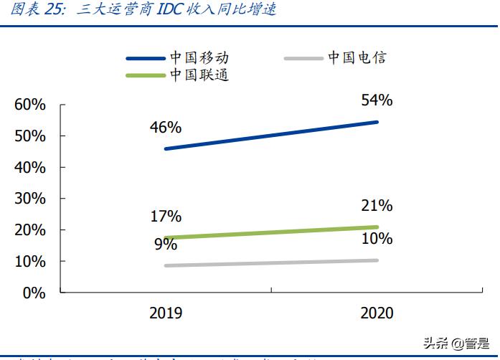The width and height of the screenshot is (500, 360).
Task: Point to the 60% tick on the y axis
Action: [30, 105]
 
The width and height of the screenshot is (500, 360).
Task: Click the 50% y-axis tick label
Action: [30, 136]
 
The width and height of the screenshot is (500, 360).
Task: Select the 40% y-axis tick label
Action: [30, 168]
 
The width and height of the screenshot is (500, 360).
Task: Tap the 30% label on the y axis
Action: [30, 199]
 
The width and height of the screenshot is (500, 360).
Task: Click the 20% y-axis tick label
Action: [30, 230]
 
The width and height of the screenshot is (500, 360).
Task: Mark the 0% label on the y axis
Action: [34, 293]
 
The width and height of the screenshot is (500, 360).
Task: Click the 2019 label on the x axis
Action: [166, 313]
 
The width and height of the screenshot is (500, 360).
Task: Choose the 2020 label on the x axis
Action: [377, 313]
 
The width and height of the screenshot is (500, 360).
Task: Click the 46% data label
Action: [166, 128]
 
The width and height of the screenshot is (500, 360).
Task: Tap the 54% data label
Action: [377, 100]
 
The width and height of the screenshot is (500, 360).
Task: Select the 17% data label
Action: [166, 216]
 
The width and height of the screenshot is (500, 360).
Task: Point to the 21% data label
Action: [377, 207]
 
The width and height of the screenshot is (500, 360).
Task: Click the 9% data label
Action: [166, 245]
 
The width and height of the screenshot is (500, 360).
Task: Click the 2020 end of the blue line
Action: [377, 122]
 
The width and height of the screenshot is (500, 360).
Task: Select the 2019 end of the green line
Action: [166, 237]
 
